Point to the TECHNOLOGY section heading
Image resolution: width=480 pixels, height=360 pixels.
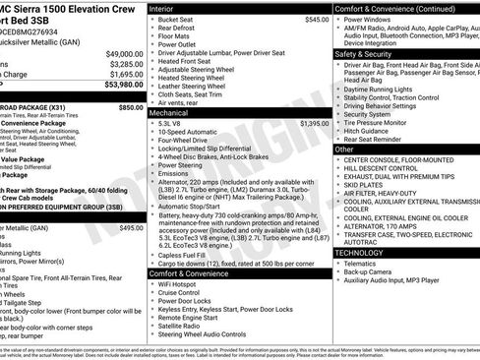(359, 253)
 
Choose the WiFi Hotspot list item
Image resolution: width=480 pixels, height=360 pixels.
(179, 284)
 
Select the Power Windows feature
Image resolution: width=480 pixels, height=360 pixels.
(372, 20)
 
